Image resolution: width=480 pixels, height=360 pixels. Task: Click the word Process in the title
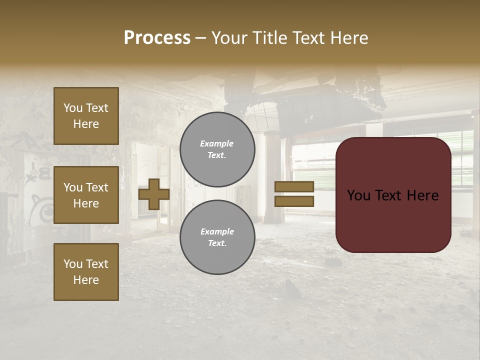(x=157, y=38)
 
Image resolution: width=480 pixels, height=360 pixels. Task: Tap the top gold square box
(x=86, y=116)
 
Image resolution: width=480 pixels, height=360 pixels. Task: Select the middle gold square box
(x=86, y=195)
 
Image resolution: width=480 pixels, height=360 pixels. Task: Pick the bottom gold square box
(x=86, y=272)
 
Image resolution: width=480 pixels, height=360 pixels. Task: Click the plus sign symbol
(x=154, y=194)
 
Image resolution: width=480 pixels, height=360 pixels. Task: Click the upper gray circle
(x=217, y=149)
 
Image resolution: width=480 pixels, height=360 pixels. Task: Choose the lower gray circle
(x=217, y=237)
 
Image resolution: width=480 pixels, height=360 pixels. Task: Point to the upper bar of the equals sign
(x=294, y=186)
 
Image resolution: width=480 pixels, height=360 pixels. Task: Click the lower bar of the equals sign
(x=294, y=201)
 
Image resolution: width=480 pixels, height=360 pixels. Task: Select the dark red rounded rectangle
(x=393, y=195)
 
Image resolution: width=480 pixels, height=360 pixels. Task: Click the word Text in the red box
(x=392, y=195)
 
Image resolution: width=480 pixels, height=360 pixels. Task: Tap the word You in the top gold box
(x=73, y=108)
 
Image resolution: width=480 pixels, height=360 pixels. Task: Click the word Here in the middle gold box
(x=86, y=203)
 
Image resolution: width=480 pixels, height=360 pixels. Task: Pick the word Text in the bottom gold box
(x=97, y=264)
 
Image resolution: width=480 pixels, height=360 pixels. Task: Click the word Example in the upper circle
(x=217, y=143)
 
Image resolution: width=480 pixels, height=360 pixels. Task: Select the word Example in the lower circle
(x=217, y=231)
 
